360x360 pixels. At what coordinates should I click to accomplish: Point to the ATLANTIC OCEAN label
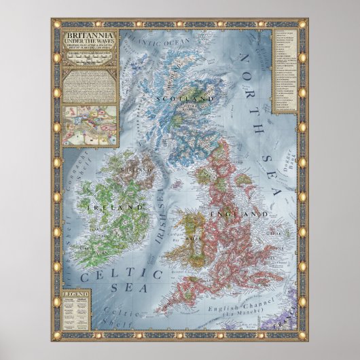tap(154, 43)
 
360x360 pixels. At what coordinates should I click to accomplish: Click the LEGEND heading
tap(72, 293)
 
